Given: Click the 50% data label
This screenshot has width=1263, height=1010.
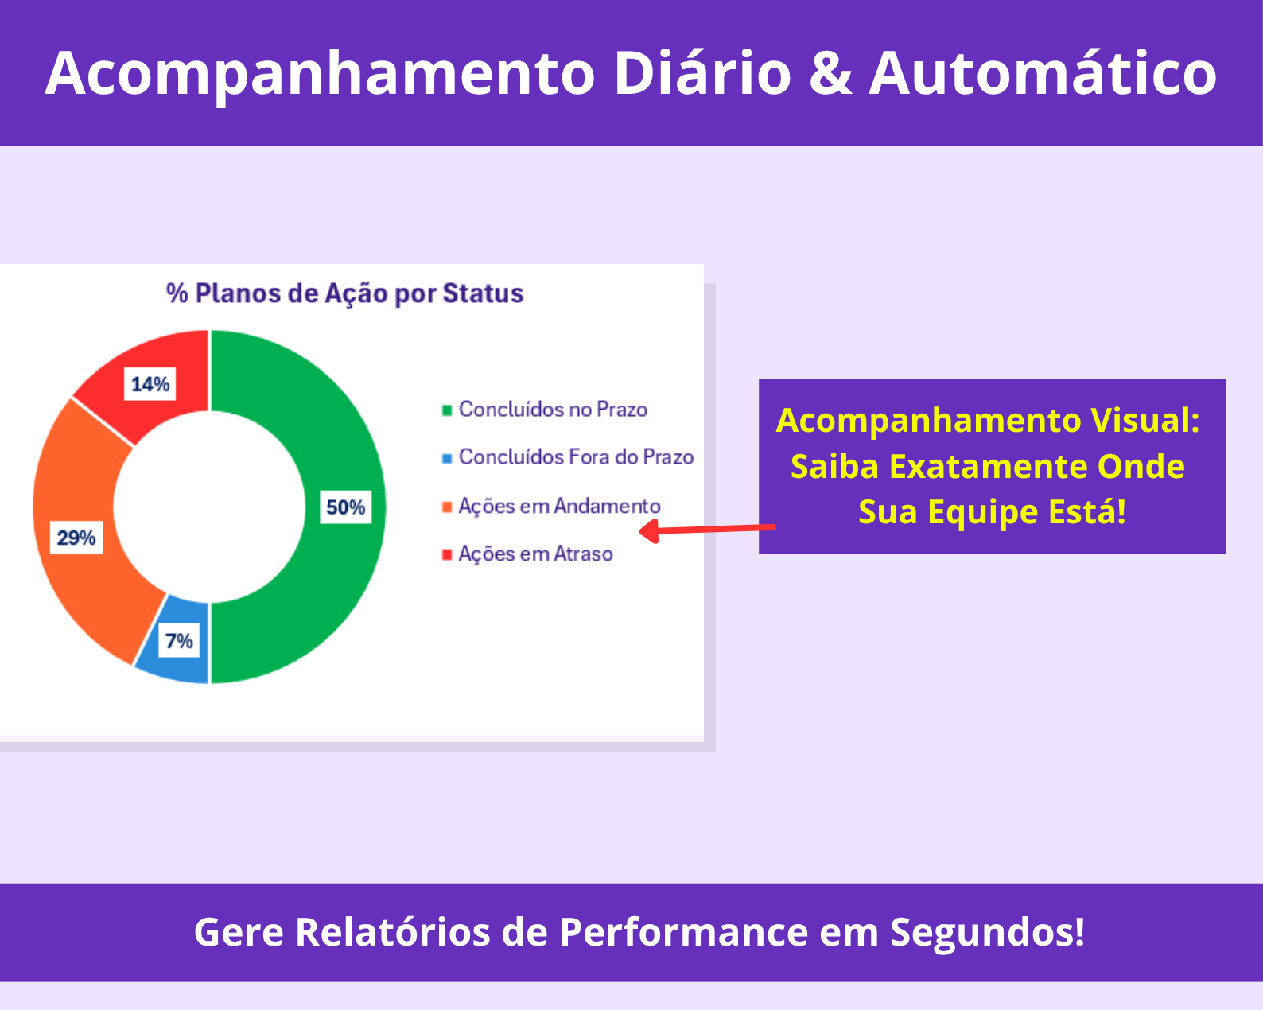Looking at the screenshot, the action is [345, 507].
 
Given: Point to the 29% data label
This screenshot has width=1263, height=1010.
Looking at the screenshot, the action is [76, 538].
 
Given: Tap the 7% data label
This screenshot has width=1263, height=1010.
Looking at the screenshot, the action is [178, 641].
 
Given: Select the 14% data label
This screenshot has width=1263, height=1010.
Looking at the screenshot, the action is [150, 384].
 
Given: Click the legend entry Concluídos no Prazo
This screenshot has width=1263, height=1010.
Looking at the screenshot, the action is [545, 410].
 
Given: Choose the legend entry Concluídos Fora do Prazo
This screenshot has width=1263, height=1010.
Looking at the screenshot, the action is [568, 457].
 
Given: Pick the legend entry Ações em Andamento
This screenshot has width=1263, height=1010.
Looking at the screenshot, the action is [551, 507].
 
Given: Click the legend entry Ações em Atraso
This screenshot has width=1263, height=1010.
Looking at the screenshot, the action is [527, 554].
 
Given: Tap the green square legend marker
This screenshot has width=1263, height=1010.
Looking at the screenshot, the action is [447, 410].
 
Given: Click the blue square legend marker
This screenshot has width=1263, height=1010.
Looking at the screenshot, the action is [447, 458].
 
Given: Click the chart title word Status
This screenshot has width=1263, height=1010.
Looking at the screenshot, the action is [483, 293].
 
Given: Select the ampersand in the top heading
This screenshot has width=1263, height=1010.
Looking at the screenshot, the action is [830, 73].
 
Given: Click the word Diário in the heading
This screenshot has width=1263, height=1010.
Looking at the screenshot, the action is [702, 72].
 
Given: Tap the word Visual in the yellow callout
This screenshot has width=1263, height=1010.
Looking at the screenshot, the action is [1144, 420].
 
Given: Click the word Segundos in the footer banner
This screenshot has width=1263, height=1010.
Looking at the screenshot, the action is [987, 933].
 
